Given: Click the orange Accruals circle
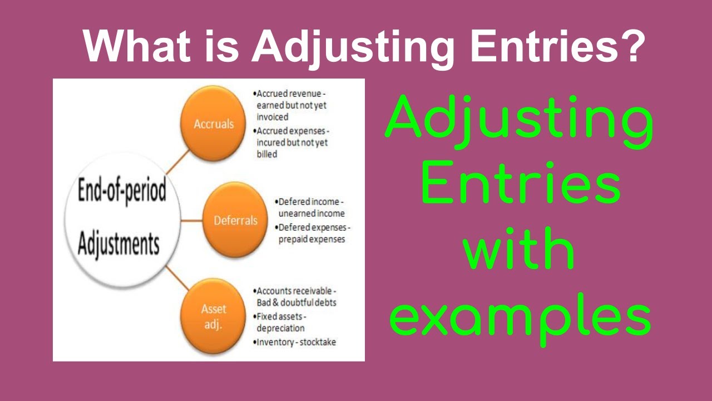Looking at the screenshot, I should tap(214, 124).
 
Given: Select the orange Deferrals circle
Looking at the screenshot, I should tap(235, 221).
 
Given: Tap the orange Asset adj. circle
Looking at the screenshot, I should tap(214, 316).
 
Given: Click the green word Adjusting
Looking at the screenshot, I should tap(518, 121).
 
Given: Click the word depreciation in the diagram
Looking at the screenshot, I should tap(280, 328).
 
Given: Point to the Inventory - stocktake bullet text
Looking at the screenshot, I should tap(296, 342).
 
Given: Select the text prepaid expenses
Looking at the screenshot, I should tap(311, 239).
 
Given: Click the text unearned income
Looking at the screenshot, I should tap(311, 213).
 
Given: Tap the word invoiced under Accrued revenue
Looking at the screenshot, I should tap(273, 117).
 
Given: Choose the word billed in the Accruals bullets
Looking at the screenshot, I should tap(267, 154).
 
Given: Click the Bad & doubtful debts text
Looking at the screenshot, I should tap(296, 302).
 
